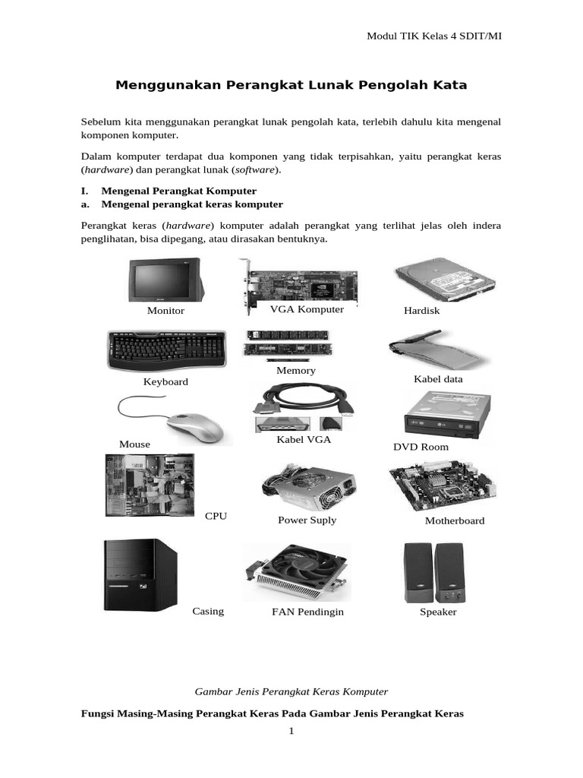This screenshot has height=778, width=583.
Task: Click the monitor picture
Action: point(165,280)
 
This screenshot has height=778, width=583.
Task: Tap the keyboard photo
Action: point(165,350)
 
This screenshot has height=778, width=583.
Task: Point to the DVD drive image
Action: point(445,415)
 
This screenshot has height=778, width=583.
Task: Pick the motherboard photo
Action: point(441,486)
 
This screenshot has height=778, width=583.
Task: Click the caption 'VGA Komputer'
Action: point(307,309)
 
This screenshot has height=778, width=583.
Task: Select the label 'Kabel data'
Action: point(438,378)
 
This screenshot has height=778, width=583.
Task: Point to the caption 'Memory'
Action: point(296,370)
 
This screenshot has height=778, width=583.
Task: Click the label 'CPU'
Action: point(216,516)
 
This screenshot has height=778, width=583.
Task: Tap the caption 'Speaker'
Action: point(438,612)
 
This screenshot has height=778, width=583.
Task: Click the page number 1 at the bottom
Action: point(291,732)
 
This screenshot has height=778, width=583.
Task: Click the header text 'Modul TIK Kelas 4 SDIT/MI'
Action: point(433,36)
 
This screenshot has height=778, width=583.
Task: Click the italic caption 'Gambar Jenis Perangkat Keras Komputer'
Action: point(291,691)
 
